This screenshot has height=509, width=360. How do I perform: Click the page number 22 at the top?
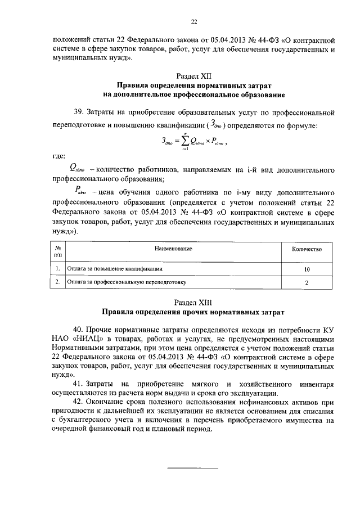click(194, 21)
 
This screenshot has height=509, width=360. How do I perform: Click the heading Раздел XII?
click(194, 75)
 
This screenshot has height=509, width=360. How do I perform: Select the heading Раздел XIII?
click(194, 301)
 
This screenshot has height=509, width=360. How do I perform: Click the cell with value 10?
click(307, 269)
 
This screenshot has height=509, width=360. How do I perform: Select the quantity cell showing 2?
click(307, 282)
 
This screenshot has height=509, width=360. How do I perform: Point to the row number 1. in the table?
click(58, 269)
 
